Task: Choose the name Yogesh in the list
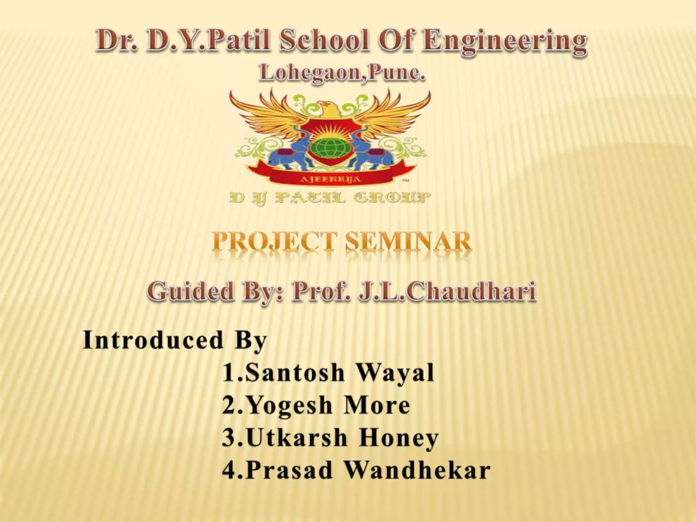pyautogui.click(x=289, y=405)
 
